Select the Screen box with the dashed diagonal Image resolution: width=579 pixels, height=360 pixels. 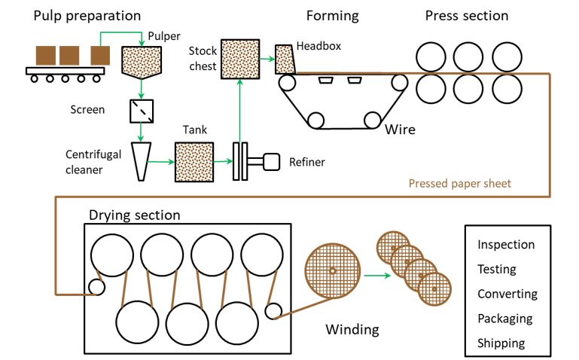pyautogui.click(x=141, y=111)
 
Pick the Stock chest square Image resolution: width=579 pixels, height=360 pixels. pyautogui.click(x=239, y=57)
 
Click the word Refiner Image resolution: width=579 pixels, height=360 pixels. pyautogui.click(x=306, y=162)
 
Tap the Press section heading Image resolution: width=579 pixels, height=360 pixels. pyautogui.click(x=466, y=16)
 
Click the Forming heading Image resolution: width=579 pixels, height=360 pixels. pyautogui.click(x=332, y=16)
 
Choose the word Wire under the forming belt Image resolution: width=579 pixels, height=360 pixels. pyautogui.click(x=400, y=130)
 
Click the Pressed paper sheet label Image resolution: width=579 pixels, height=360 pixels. pyautogui.click(x=459, y=183)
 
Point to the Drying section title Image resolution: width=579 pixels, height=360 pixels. pyautogui.click(x=135, y=215)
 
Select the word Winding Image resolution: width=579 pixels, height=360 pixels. pyautogui.click(x=352, y=329)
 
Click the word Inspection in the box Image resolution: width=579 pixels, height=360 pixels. pyautogui.click(x=506, y=245)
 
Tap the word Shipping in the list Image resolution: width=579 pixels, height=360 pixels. pyautogui.click(x=501, y=343)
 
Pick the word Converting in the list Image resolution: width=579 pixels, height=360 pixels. pyautogui.click(x=507, y=294)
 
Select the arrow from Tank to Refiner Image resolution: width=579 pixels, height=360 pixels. pyautogui.click(x=223, y=161)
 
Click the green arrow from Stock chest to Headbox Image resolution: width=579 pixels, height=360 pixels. pyautogui.click(x=266, y=57)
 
